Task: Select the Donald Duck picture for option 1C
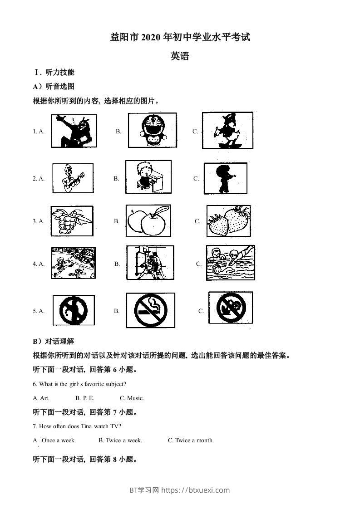point(227,131)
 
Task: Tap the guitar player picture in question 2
point(73,178)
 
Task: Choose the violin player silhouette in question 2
point(225,178)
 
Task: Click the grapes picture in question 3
point(72,221)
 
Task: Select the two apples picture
point(148,221)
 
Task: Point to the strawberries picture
point(228,221)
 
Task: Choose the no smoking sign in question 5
point(148,311)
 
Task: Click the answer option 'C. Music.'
point(132,398)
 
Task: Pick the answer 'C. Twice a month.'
point(191,440)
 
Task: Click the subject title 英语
point(180,56)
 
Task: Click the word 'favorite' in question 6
point(90,384)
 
